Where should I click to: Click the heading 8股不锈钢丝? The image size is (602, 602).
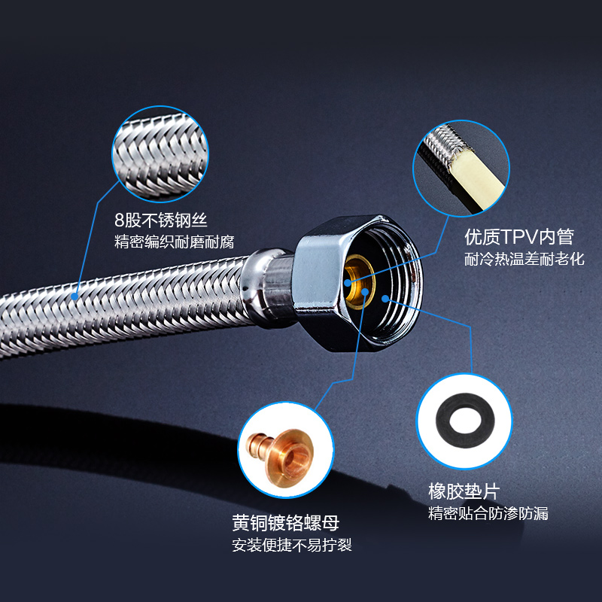pyautogui.click(x=160, y=220)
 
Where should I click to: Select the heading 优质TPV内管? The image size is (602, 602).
pyautogui.click(x=519, y=237)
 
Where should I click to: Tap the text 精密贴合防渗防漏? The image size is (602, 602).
pyautogui.click(x=488, y=514)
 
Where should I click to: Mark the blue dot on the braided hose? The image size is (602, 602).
pyautogui.click(x=75, y=296)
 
